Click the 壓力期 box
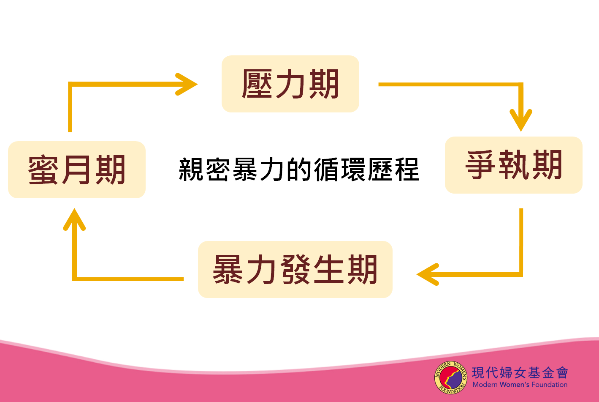(x=290, y=84)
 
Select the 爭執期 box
(x=514, y=165)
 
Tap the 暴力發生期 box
(x=295, y=269)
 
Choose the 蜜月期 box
(x=77, y=170)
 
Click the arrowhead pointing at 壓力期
(x=187, y=84)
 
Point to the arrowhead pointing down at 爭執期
(x=521, y=120)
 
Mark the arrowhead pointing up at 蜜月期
(x=74, y=219)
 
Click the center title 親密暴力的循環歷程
(x=299, y=170)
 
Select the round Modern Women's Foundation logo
(x=451, y=377)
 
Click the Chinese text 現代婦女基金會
(x=520, y=372)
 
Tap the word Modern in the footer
(x=485, y=385)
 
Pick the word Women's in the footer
(x=515, y=385)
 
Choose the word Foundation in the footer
(x=550, y=385)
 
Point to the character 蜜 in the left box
(x=43, y=170)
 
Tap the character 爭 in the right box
(x=480, y=165)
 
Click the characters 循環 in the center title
(x=340, y=170)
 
